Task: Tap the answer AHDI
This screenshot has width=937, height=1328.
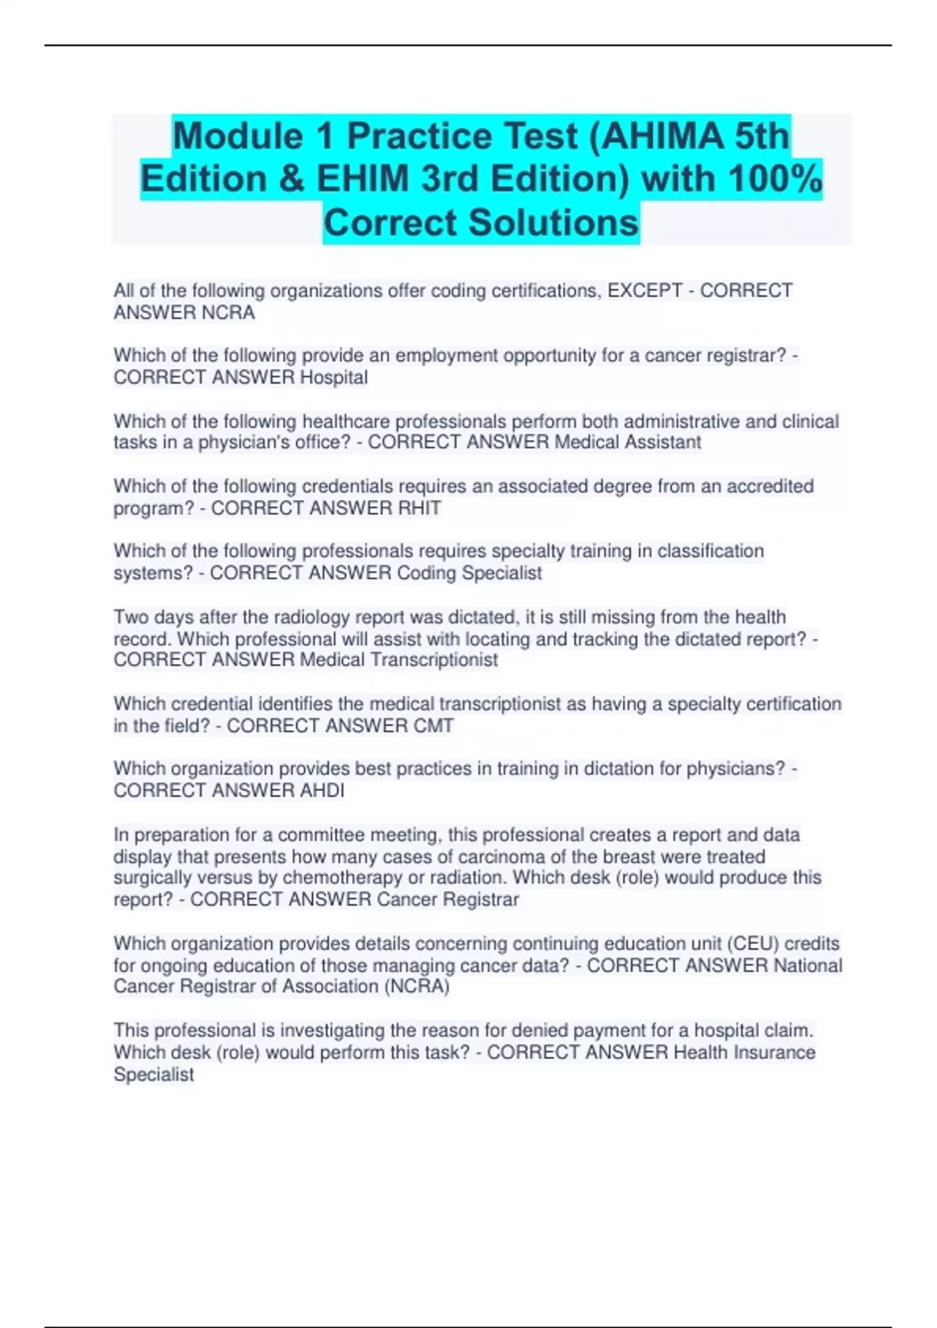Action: (322, 791)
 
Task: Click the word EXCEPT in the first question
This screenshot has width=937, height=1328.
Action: (645, 291)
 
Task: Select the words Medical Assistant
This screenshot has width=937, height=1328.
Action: (628, 442)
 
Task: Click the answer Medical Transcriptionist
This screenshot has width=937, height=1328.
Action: (399, 660)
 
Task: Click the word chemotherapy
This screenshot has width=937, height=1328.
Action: (342, 878)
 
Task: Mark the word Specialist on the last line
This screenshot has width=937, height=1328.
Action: (154, 1075)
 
